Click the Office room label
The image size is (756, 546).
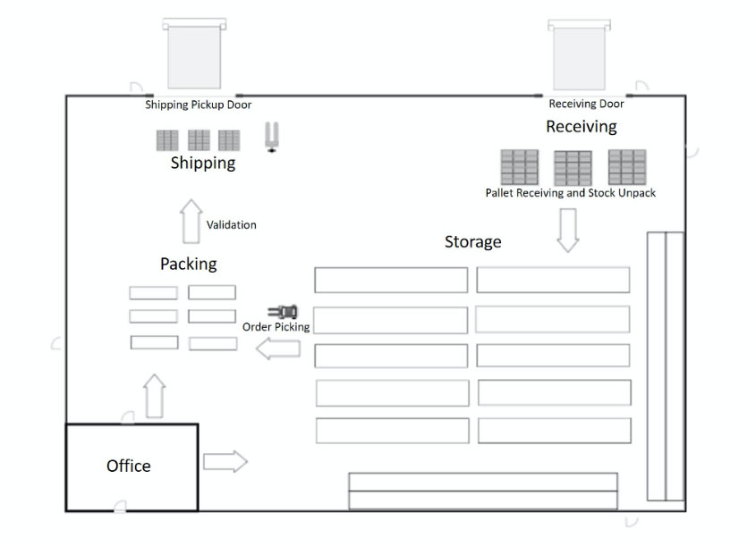point(128,466)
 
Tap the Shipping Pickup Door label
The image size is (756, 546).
point(198,105)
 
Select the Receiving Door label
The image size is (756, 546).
point(586,105)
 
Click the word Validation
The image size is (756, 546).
point(231,225)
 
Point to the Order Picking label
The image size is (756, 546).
point(276,327)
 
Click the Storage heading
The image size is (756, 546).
point(472,242)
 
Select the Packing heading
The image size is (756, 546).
point(188,264)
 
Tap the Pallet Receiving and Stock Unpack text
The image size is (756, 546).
point(570,192)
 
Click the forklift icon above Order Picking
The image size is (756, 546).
point(283,311)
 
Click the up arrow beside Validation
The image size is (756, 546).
point(190,222)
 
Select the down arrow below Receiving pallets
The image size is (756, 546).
point(568,230)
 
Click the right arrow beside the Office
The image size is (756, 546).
point(225,461)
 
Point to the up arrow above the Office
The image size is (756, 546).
point(155,396)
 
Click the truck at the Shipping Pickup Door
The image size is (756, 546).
point(193,55)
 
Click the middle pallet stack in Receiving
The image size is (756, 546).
point(573,167)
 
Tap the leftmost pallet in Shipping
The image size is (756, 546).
point(167,140)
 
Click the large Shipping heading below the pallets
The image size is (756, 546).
point(203,163)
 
